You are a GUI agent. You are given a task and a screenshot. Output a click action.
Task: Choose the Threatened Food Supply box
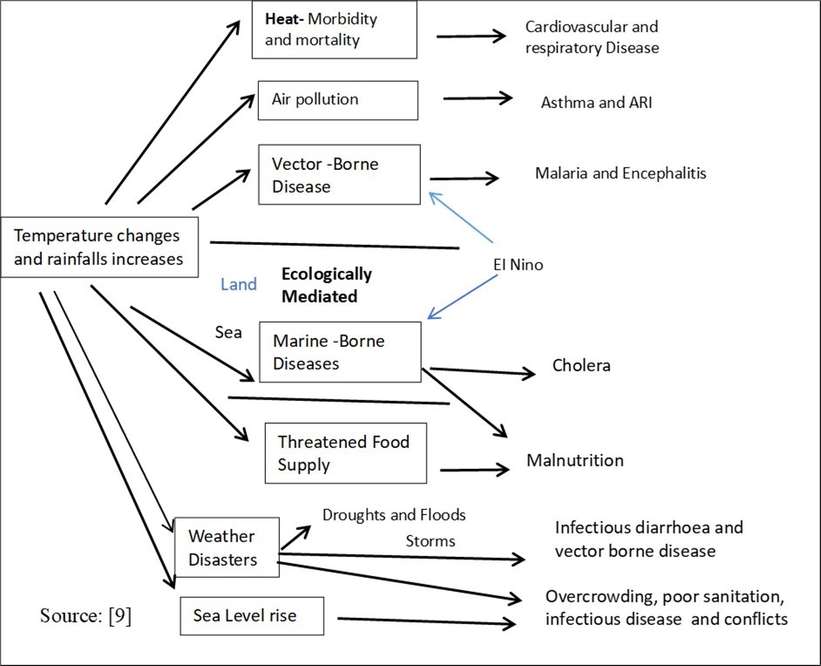point(345,452)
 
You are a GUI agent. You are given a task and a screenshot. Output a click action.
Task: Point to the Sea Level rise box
point(252,615)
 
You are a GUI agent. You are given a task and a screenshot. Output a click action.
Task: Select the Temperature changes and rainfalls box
point(99,247)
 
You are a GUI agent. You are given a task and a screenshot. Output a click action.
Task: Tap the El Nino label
point(514,264)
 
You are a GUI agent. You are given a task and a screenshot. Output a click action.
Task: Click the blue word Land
point(238,284)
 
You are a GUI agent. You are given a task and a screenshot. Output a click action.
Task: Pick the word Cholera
point(581,365)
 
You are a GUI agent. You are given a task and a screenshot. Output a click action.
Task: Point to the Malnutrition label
point(574,459)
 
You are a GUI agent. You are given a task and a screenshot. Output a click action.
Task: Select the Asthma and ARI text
point(596,103)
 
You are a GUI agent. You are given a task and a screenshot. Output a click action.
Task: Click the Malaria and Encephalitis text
point(620,173)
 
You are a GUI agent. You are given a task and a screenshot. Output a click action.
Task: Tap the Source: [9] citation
point(85,615)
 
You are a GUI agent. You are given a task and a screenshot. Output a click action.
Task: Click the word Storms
point(430,541)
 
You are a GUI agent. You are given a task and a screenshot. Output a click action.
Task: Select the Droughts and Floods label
point(394,514)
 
